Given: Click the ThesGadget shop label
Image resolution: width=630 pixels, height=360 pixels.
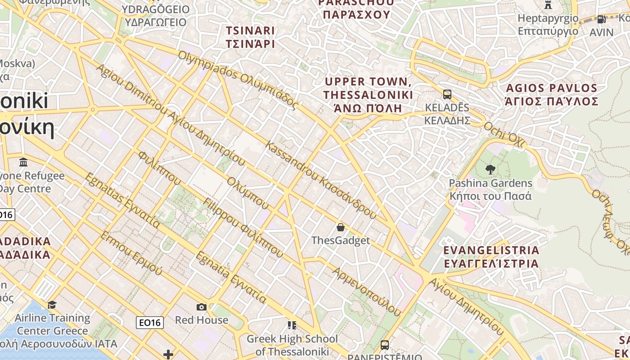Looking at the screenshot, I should (341, 240).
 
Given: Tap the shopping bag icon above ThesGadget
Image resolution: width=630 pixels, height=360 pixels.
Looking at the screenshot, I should (341, 227).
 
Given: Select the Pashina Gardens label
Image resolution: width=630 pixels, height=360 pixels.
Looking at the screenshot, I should (490, 189).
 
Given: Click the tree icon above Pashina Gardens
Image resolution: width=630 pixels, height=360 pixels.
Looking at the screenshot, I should (490, 170).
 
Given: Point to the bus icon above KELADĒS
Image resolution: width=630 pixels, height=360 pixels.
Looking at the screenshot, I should (447, 94).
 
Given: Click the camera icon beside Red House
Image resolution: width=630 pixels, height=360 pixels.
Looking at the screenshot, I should (202, 307).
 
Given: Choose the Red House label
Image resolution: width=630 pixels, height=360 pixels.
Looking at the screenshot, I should (202, 320).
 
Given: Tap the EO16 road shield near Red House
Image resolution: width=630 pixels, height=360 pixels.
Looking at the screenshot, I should (149, 322).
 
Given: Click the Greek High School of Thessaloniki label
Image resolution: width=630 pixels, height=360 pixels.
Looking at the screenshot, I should (292, 345).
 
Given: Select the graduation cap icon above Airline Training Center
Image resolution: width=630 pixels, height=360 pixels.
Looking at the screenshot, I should (52, 305).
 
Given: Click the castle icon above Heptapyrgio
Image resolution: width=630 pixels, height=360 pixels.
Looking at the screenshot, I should (548, 5).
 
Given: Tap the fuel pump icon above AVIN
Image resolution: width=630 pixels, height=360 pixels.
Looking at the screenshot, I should (601, 19).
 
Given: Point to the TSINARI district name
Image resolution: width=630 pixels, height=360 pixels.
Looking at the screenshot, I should (250, 37).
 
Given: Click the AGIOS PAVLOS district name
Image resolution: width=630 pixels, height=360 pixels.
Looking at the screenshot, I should (552, 94).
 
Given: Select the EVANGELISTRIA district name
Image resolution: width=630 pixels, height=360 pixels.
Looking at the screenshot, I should (491, 256).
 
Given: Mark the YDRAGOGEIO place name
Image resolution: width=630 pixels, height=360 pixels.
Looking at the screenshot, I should (156, 15).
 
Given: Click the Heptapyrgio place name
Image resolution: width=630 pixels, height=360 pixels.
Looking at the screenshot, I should (548, 25).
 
